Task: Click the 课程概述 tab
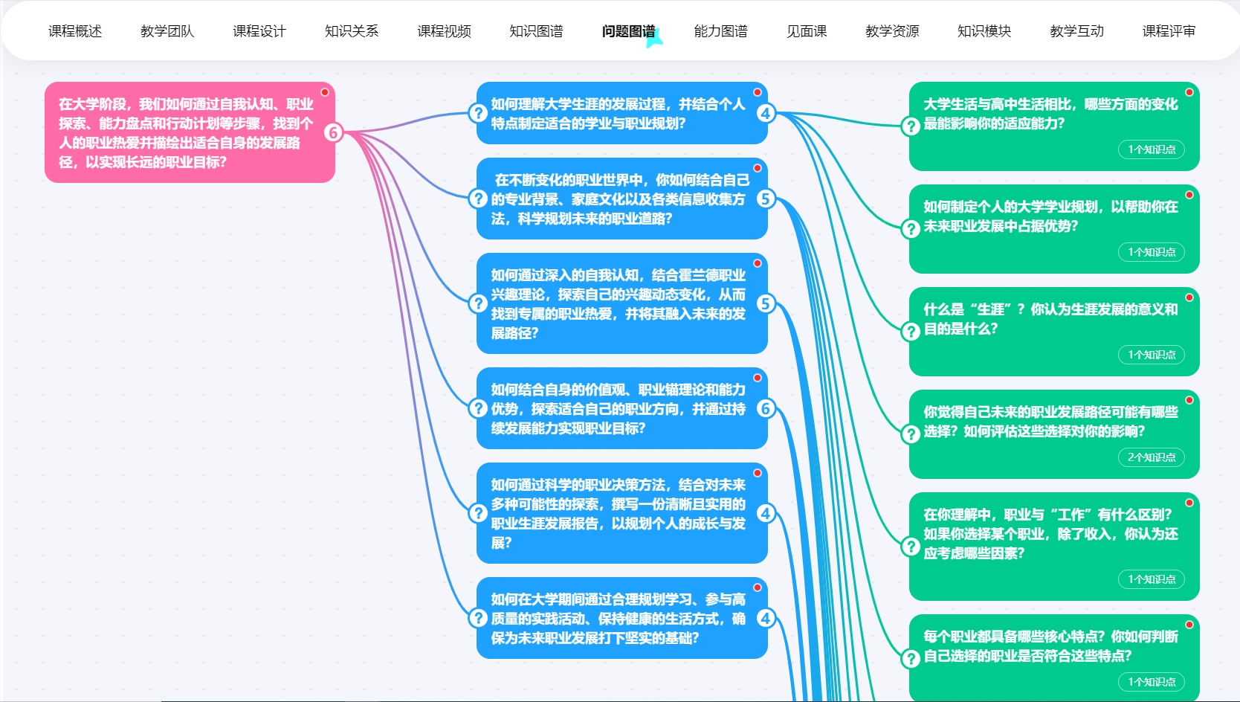(75, 31)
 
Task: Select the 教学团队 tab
(167, 31)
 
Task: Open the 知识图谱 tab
(536, 31)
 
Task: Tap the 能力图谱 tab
(720, 31)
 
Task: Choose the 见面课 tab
(807, 31)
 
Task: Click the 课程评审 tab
(1169, 31)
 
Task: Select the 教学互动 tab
(1076, 31)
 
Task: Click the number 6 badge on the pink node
(333, 132)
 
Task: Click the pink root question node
(186, 132)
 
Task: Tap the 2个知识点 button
(1151, 457)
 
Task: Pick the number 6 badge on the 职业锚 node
(765, 408)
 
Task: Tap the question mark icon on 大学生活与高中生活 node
(911, 126)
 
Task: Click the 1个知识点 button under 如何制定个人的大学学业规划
(1151, 252)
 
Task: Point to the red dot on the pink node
(325, 92)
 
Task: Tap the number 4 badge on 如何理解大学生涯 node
(765, 113)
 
